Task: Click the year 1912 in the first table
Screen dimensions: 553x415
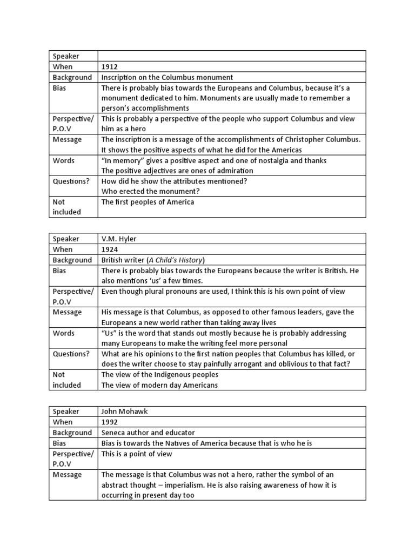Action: [x=110, y=67]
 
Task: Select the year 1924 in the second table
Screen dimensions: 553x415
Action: [x=110, y=249]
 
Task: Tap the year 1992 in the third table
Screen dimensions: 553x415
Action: [x=110, y=422]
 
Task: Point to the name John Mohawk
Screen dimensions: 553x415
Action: [x=124, y=412]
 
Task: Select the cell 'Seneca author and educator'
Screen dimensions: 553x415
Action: [x=148, y=433]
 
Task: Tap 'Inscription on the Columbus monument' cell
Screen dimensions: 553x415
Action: [x=167, y=77]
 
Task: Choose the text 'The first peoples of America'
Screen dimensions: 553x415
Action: [x=148, y=202]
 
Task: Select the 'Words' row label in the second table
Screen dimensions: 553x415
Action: [x=64, y=333]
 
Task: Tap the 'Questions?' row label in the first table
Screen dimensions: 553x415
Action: [x=71, y=181]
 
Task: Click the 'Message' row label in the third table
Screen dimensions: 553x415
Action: [x=67, y=475]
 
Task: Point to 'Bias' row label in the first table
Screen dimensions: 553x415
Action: [x=59, y=88]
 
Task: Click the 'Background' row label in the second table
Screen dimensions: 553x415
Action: [x=72, y=260]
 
